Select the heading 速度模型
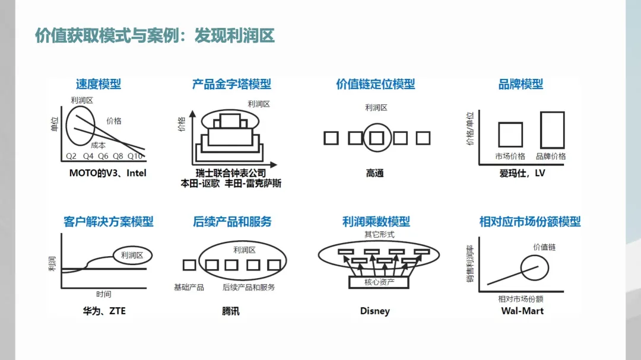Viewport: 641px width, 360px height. [99, 84]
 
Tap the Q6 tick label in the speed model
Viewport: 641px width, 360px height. [103, 157]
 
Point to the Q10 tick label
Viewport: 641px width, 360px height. [135, 157]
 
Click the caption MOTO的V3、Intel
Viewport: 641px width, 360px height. [107, 173]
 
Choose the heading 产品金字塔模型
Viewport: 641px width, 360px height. [231, 84]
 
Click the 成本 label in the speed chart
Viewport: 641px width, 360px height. [99, 145]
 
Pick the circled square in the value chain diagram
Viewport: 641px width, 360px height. [376, 138]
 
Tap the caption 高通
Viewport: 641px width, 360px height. [375, 173]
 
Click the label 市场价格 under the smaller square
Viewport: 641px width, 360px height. [510, 157]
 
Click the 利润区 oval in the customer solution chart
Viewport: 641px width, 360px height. [132, 255]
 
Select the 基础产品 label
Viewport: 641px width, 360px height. [189, 287]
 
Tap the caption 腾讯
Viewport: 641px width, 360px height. [231, 311]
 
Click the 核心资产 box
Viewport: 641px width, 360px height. [379, 282]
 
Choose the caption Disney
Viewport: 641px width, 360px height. [375, 311]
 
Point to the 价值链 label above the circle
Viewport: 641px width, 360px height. [544, 247]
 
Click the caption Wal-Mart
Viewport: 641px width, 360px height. [522, 311]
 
